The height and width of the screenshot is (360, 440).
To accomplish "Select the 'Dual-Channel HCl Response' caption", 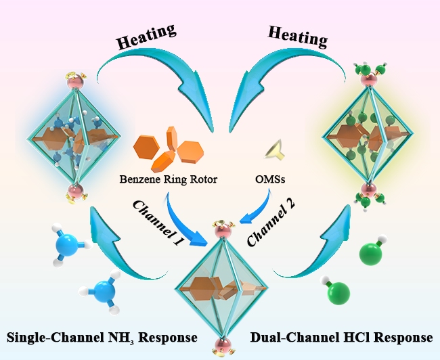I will (x=343, y=336).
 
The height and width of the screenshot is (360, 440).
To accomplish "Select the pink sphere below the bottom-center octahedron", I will (x=219, y=345).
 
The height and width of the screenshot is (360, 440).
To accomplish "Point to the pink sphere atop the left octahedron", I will (x=75, y=84).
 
